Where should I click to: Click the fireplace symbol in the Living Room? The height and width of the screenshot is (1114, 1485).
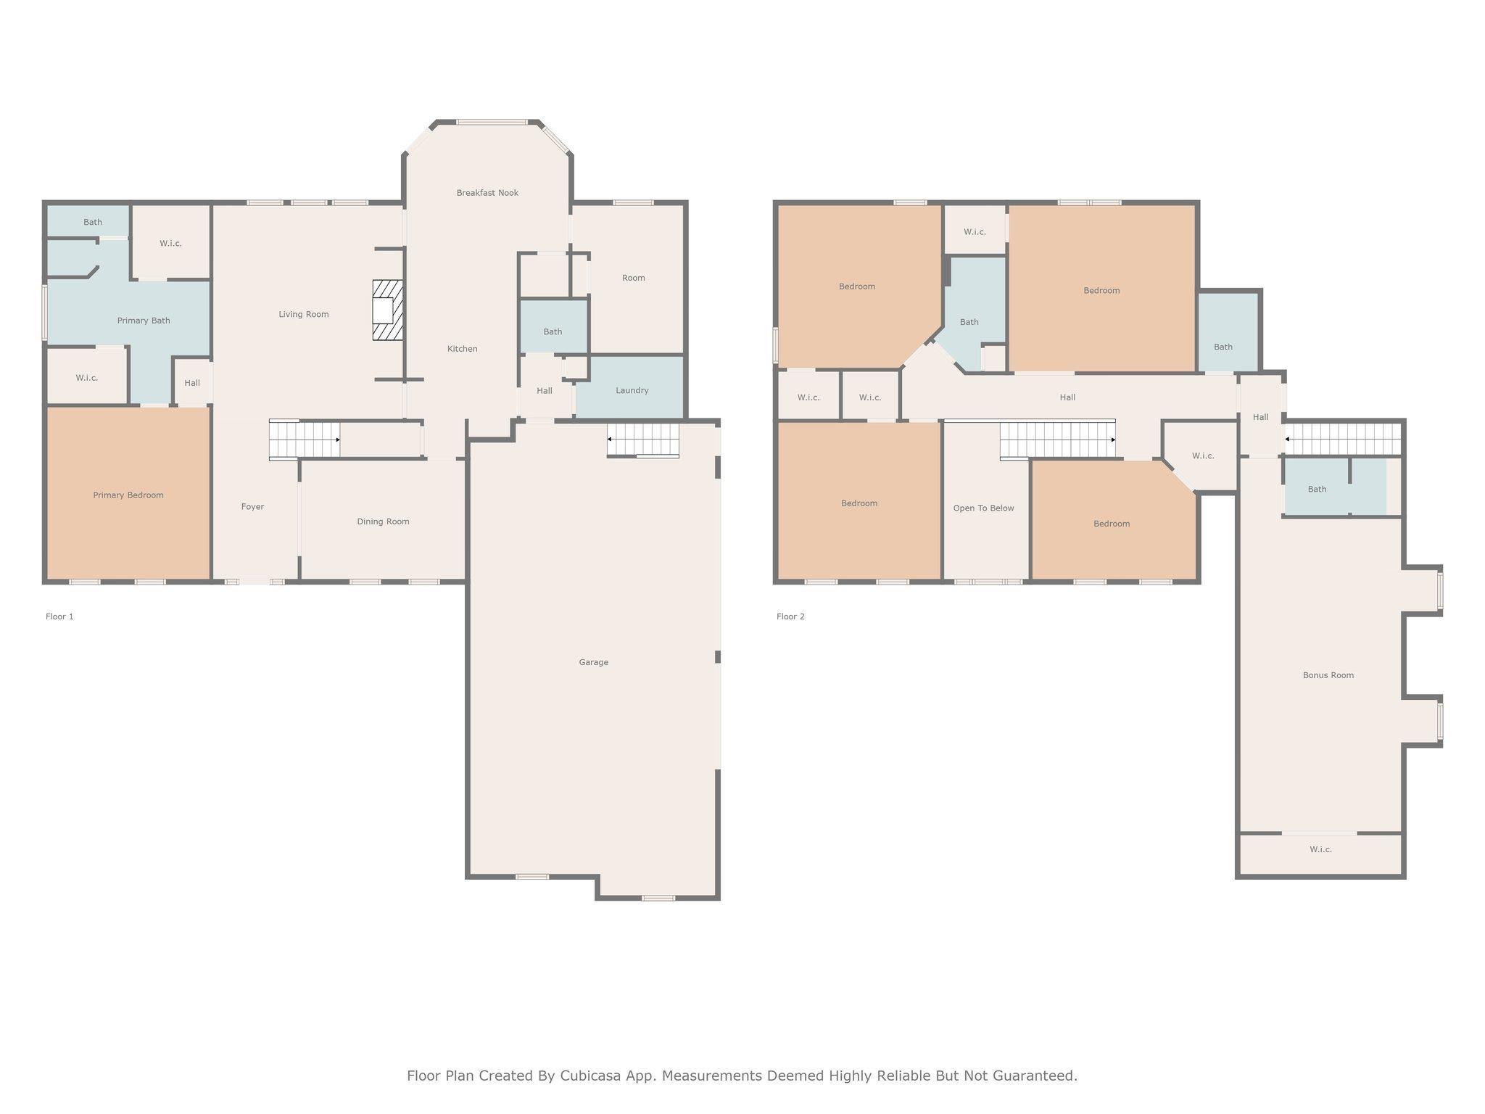pos(388,310)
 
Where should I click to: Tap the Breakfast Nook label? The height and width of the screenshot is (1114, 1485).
pos(487,193)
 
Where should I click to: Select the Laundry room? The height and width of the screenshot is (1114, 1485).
pos(630,387)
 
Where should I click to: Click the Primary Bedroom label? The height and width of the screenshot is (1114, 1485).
pos(128,495)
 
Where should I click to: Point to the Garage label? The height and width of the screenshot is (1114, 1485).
pos(594,662)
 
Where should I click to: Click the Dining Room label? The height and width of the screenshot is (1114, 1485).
pos(383,521)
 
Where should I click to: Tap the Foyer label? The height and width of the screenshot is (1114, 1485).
pos(252,507)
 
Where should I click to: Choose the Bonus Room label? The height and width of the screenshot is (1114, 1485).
pos(1328,675)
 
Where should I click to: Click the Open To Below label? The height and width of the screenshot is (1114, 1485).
pos(984,508)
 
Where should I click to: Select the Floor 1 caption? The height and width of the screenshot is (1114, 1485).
pos(59,616)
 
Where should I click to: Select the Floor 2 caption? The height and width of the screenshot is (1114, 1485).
pos(790,616)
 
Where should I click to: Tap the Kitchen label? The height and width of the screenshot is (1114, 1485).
pos(463,349)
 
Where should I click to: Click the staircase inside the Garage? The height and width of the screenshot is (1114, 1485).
pos(643,440)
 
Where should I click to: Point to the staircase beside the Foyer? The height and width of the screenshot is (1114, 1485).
pos(305,440)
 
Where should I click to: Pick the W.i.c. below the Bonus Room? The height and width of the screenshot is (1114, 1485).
pos(1320,854)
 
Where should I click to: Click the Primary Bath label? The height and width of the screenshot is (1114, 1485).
pos(144,321)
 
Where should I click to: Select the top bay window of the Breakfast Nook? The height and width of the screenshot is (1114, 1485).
pos(492,123)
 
